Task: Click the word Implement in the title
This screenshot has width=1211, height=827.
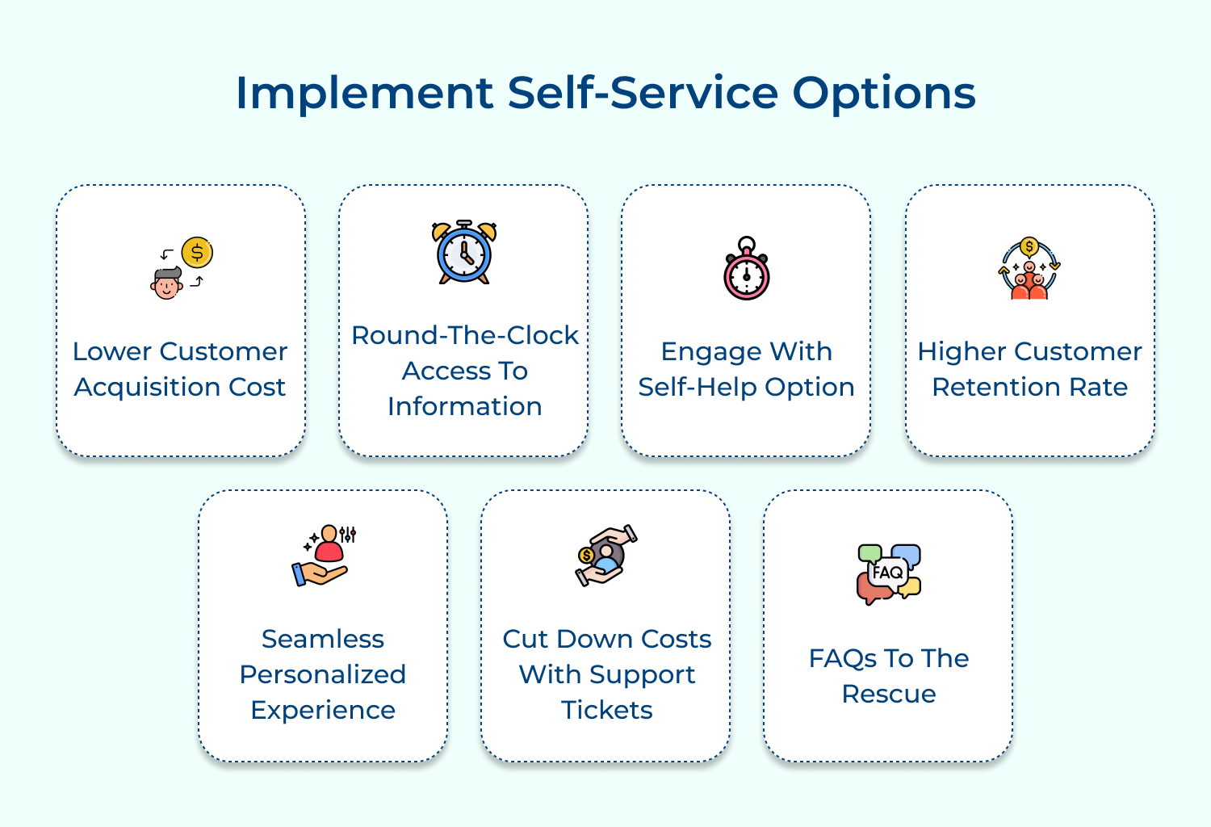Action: (x=363, y=94)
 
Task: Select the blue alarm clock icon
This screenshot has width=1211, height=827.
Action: (x=464, y=252)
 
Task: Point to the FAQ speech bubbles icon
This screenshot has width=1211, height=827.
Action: (x=888, y=573)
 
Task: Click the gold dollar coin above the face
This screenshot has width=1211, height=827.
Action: (x=197, y=253)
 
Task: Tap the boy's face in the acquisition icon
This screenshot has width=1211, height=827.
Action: (x=167, y=284)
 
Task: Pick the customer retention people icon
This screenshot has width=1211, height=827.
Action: (x=1029, y=270)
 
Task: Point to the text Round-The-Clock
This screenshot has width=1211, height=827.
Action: (x=465, y=335)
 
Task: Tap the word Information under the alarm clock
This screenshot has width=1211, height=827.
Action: (x=465, y=406)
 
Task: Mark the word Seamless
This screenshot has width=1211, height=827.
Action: (x=323, y=639)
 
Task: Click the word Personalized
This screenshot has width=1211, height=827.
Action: (x=323, y=674)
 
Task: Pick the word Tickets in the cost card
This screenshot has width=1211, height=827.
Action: (x=606, y=710)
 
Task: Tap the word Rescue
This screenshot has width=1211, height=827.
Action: (x=889, y=694)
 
